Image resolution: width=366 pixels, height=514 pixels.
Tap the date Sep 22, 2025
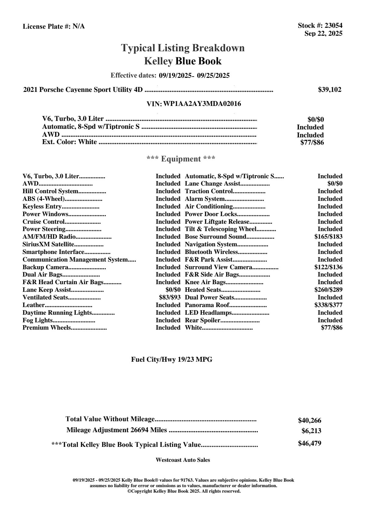[323, 33]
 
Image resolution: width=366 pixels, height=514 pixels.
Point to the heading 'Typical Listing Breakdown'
[183, 48]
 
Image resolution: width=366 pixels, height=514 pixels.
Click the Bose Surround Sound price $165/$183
[328, 237]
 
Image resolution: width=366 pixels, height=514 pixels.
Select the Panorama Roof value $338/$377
[328, 305]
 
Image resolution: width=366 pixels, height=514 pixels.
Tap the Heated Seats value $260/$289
[328, 290]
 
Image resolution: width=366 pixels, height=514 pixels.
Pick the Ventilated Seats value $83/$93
[170, 297]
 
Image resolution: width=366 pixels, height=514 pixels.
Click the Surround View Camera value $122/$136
[328, 267]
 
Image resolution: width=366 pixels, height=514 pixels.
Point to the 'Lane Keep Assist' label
[47, 290]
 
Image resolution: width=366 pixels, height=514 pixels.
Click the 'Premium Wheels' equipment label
[47, 328]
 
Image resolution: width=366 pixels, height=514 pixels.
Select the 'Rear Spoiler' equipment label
[202, 320]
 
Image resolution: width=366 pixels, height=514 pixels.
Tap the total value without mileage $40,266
[310, 421]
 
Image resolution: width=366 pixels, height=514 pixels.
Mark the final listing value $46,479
[310, 443]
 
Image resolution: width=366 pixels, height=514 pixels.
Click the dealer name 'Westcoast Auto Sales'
[183, 460]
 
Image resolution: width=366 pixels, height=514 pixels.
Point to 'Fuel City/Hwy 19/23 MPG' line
[172, 360]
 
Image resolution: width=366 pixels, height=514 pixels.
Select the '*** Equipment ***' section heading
[181, 159]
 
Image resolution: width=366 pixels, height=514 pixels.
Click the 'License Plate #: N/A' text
[54, 27]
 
